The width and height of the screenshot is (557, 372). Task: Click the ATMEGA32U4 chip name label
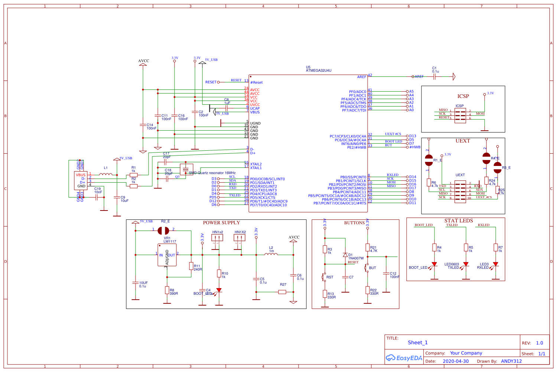[x=318, y=71]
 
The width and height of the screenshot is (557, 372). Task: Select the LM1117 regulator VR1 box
[x=167, y=255]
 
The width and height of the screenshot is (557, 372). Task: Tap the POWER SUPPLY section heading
[x=221, y=223]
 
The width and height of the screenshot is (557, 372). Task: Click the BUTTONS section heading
[x=354, y=223]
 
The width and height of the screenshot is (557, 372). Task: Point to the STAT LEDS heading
[x=459, y=221]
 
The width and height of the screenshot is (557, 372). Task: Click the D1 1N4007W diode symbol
[x=345, y=255]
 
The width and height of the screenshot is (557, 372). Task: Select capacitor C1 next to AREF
[x=435, y=77]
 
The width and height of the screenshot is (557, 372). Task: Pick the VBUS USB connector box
[x=81, y=180]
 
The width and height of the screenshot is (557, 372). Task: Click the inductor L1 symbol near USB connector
[x=106, y=174]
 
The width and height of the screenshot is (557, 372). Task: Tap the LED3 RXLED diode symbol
[x=495, y=264]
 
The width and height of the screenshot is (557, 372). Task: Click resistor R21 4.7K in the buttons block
[x=368, y=248]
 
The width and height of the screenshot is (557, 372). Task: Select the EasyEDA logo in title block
[x=404, y=358]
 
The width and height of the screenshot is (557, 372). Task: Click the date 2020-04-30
[x=456, y=361]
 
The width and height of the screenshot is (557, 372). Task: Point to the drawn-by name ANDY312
[x=511, y=361]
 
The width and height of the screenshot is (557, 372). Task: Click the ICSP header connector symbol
[x=460, y=115]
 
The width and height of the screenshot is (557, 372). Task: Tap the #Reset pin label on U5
[x=256, y=83]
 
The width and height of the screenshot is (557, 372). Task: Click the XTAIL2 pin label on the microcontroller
[x=256, y=164]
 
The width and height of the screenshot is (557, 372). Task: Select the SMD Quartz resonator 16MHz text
[x=212, y=173]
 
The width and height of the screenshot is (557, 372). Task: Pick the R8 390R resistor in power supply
[x=167, y=290]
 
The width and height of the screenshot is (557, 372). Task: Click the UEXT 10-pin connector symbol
[x=460, y=192]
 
